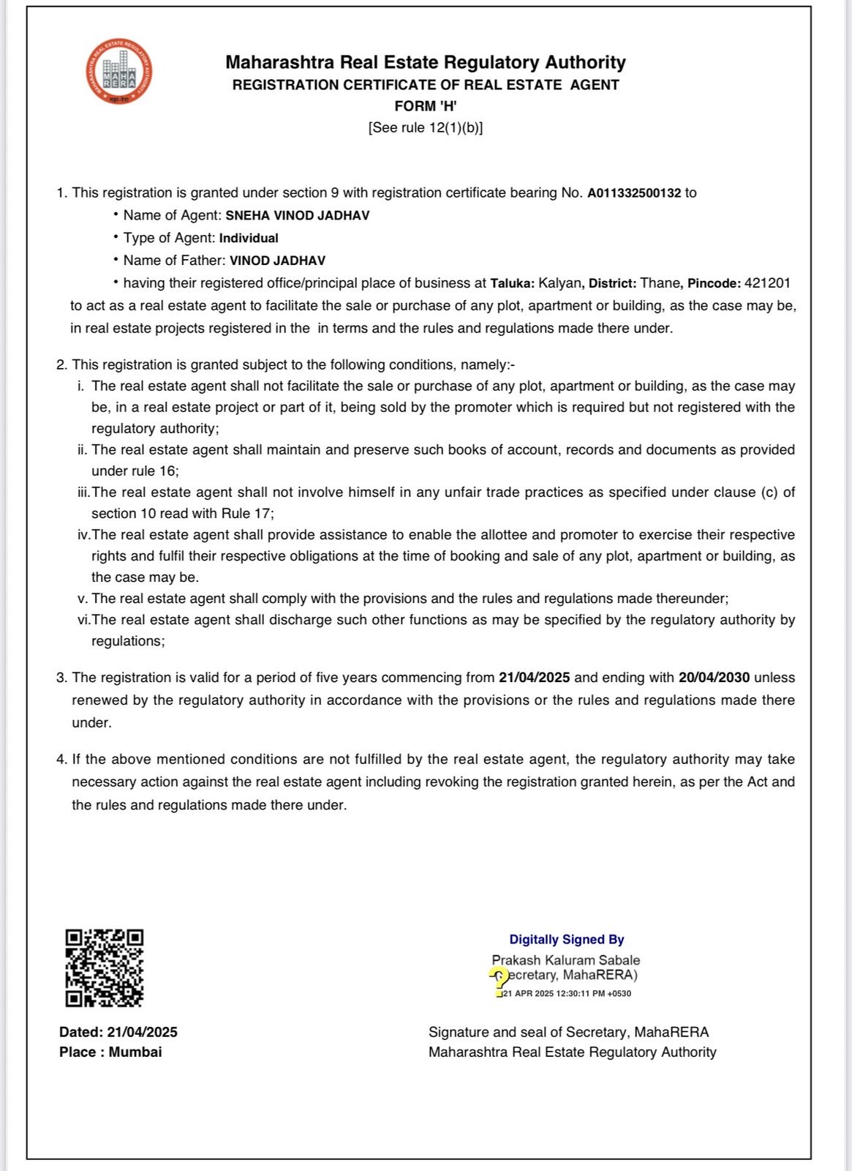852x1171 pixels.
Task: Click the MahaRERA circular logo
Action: (x=118, y=72)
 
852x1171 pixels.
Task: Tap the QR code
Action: (x=104, y=968)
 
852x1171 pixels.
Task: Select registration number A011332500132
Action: (x=633, y=193)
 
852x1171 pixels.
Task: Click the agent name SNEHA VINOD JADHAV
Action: (x=297, y=216)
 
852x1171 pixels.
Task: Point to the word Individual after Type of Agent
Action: (x=249, y=239)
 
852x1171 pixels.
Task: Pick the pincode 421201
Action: (x=767, y=283)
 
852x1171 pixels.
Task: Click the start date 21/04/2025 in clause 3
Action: (x=534, y=678)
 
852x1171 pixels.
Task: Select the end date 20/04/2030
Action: (x=714, y=678)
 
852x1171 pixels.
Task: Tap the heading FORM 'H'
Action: (x=426, y=106)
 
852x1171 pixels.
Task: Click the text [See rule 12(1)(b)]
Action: (x=426, y=128)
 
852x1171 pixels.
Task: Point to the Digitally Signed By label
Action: (x=567, y=940)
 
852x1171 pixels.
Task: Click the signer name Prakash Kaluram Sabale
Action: (x=565, y=960)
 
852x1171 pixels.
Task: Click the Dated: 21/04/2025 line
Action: (x=118, y=1032)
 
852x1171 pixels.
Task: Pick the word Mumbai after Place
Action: (x=135, y=1052)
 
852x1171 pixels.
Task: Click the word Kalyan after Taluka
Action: (x=560, y=283)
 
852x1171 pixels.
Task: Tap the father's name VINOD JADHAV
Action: (x=277, y=261)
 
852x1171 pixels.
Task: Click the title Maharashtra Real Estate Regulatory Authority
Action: (x=426, y=63)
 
